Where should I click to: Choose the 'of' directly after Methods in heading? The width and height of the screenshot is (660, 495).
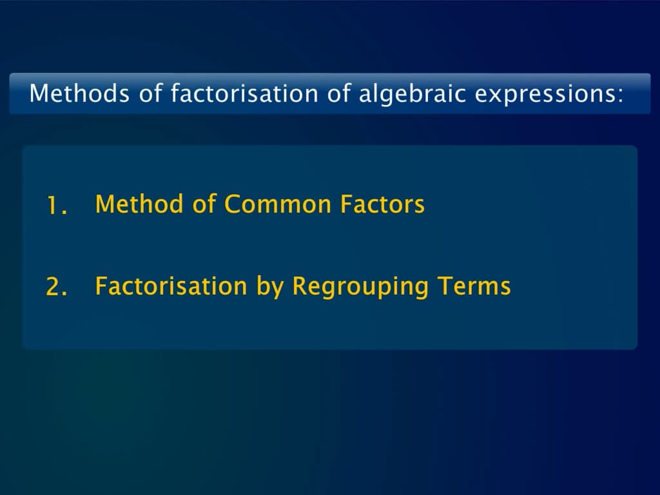click(x=150, y=94)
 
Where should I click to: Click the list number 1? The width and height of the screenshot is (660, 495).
click(x=56, y=206)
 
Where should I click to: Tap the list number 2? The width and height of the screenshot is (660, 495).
click(x=57, y=287)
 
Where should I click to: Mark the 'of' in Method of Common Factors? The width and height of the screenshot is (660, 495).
click(x=204, y=204)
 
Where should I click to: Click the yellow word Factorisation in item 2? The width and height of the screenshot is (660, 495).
click(x=171, y=286)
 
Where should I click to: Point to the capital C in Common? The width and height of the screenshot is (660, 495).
click(x=233, y=204)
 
